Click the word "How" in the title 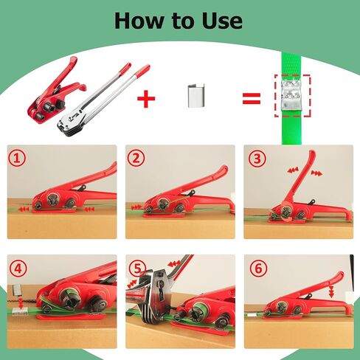(x=139, y=21)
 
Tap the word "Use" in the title (x=222, y=21)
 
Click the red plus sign (x=146, y=99)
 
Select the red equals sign (x=252, y=98)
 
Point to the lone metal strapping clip (x=196, y=96)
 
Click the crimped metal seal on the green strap (x=292, y=95)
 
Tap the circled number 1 (x=17, y=159)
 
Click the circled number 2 (x=136, y=159)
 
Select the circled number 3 (x=257, y=159)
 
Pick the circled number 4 (x=18, y=269)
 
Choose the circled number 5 (x=137, y=269)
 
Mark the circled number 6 (x=258, y=269)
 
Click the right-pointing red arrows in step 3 (x=316, y=173)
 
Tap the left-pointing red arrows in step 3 (x=293, y=170)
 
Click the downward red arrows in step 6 (x=331, y=292)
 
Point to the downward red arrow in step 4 (x=21, y=304)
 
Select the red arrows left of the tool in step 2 (x=136, y=207)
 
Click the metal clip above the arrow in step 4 (x=17, y=291)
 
